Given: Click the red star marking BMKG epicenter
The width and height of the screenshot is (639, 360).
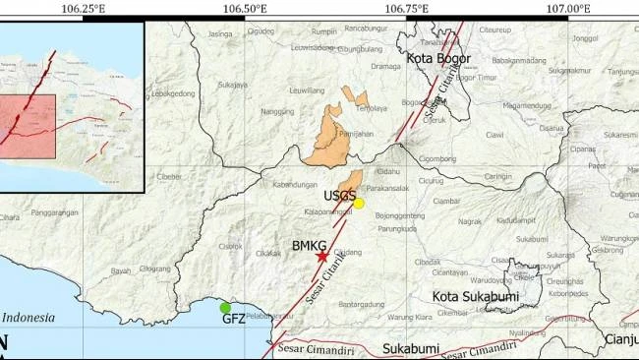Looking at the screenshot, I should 322,256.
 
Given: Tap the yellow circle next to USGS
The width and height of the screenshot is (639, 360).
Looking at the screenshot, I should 359,204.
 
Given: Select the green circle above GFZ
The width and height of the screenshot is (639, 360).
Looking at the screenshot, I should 225,308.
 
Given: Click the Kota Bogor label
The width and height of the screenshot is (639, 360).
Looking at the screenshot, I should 438,59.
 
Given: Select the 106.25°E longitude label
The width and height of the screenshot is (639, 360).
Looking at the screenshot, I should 83,9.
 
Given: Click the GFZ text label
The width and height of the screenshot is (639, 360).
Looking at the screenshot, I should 233,320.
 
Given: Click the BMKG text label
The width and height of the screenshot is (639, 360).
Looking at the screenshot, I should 309,246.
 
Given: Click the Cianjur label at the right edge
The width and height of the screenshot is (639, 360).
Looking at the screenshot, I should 622,340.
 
